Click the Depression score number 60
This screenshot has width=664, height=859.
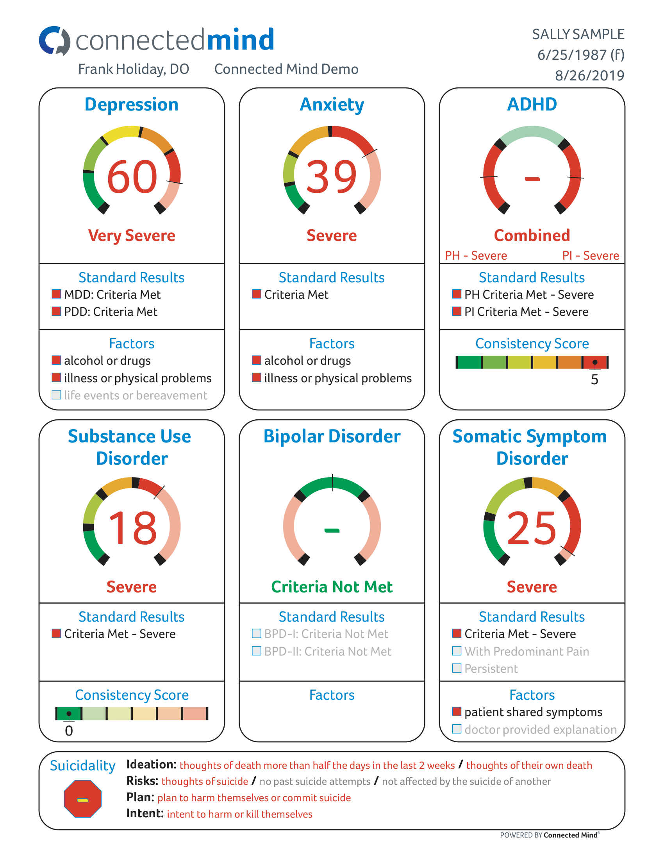click(132, 177)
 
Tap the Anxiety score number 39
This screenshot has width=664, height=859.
click(332, 177)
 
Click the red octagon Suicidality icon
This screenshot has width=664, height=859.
click(82, 799)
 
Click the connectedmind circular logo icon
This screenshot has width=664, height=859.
click(55, 41)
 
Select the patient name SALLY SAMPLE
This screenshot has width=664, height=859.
click(578, 35)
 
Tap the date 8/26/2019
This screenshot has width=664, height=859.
click(589, 75)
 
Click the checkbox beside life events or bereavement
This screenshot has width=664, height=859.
click(57, 395)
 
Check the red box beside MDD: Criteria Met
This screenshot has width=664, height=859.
click(57, 294)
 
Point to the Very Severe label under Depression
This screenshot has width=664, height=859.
click(132, 235)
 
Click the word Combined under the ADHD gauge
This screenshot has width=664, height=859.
click(532, 235)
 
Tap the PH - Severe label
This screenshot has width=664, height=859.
click(476, 256)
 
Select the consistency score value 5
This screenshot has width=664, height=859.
click(594, 380)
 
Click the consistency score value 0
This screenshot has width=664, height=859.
click(69, 731)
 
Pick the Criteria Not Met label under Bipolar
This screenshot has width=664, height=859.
click(332, 587)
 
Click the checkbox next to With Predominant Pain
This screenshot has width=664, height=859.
click(456, 651)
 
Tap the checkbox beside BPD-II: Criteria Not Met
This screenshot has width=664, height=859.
click(257, 651)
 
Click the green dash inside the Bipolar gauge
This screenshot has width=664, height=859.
click(332, 531)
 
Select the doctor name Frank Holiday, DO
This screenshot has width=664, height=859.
click(134, 69)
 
